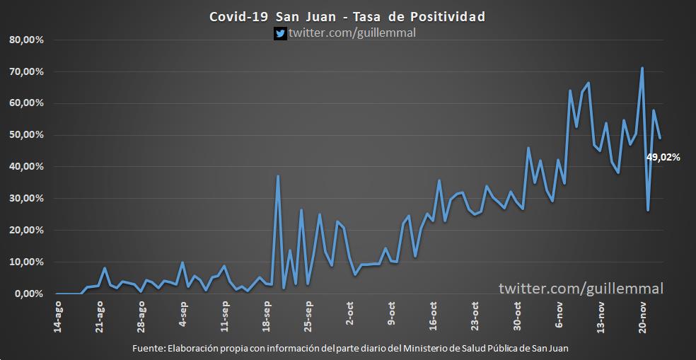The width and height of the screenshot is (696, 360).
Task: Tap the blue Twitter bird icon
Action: (280, 33)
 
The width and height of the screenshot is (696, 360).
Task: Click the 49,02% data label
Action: (663, 158)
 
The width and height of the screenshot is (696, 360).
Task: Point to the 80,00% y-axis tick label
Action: (27, 40)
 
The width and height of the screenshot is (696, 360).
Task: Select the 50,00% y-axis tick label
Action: (27, 135)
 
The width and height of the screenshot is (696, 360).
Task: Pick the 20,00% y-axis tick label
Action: (27, 231)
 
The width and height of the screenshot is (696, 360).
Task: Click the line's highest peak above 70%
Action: (642, 68)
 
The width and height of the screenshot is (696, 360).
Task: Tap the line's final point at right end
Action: (660, 138)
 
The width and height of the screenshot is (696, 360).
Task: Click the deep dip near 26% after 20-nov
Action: (648, 210)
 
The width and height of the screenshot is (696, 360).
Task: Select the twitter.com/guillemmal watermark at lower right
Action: (581, 289)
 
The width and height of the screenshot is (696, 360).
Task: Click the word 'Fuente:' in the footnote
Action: (147, 348)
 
